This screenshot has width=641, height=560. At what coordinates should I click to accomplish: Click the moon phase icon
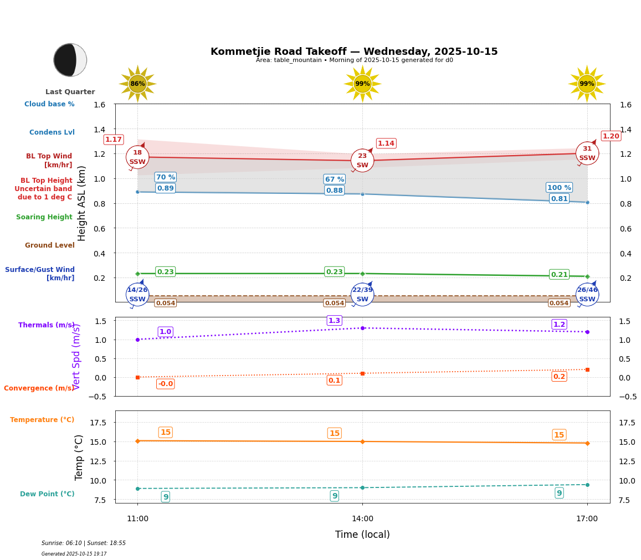(x=70, y=60)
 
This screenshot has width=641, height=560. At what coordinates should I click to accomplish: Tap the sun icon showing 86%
(x=137, y=84)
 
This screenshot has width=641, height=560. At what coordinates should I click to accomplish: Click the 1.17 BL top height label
(x=114, y=140)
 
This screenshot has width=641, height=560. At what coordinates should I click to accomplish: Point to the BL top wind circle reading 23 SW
(x=362, y=161)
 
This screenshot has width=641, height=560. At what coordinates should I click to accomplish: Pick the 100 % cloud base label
(x=559, y=187)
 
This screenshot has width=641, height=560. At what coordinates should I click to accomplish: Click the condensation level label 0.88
(x=335, y=191)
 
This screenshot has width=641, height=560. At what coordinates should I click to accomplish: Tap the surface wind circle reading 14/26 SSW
(x=137, y=294)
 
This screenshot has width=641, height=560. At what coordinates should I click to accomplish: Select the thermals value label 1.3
(x=335, y=321)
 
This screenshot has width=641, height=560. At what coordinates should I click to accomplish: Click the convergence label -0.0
(x=165, y=384)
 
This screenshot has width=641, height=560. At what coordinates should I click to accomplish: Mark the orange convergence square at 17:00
(x=587, y=369)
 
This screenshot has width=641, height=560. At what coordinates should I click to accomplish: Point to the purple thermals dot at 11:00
(x=137, y=340)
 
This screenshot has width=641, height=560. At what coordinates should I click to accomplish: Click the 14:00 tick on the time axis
(x=362, y=519)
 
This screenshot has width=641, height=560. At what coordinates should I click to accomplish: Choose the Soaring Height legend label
(x=44, y=217)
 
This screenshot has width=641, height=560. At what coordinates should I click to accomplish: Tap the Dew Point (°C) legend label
(x=47, y=494)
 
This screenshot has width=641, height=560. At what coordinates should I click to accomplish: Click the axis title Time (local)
(x=362, y=535)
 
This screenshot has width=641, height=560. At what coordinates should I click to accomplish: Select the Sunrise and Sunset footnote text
(x=84, y=543)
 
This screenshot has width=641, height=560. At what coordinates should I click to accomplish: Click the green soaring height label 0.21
(x=559, y=275)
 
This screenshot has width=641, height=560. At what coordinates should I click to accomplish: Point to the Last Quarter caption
(x=70, y=92)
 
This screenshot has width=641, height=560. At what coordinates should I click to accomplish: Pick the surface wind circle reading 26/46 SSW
(x=587, y=294)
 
